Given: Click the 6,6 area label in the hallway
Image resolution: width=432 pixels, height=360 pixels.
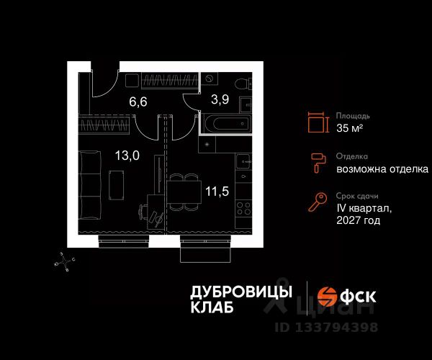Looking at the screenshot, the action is [138, 102].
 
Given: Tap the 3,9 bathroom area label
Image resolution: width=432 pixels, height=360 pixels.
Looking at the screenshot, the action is [220, 99].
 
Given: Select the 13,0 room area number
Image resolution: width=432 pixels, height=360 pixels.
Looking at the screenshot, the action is [127, 156].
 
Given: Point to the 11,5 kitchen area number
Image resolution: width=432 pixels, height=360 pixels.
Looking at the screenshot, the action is [217, 191].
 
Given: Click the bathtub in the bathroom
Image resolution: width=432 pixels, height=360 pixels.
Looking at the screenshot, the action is [228, 123].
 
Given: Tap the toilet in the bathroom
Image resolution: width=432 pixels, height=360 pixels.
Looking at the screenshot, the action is [243, 83].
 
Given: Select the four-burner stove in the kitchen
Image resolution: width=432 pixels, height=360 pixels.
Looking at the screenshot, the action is [243, 208].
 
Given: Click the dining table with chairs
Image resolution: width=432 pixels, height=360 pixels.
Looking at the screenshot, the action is [184, 192].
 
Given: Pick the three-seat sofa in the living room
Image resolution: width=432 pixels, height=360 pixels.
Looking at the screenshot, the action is [89, 185].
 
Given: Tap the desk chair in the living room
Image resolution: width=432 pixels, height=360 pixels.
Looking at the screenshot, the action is [143, 212].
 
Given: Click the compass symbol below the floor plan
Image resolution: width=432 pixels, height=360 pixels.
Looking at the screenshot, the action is [65, 261].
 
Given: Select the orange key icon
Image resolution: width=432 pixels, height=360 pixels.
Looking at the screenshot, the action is [318, 202].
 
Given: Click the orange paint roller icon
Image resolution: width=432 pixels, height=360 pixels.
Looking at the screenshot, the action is [318, 163].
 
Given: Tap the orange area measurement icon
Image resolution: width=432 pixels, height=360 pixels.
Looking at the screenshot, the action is [318, 122].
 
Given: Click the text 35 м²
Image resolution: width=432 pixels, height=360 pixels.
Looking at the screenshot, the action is [349, 128].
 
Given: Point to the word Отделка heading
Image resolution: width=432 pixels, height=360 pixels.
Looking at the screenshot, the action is [352, 156].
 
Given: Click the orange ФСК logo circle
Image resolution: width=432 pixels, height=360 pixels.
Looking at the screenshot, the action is [327, 297].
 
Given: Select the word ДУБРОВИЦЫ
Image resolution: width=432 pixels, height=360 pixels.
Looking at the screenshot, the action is [241, 292].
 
